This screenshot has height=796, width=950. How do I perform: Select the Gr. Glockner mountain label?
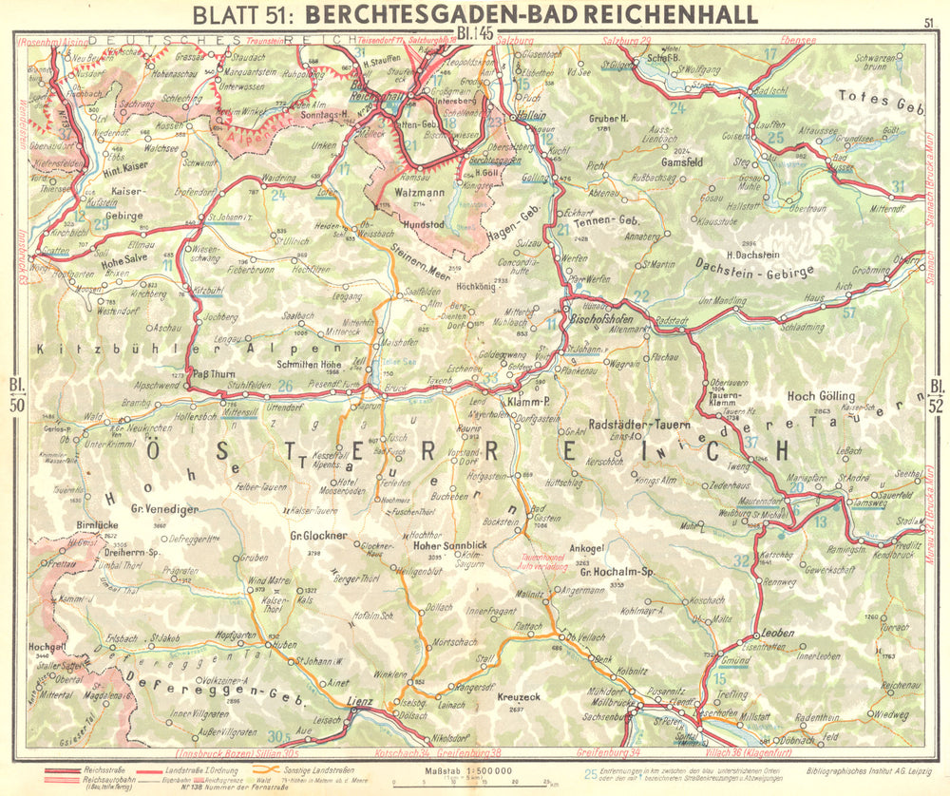[x=313, y=535]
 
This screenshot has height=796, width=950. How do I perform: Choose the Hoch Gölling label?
[x=821, y=395]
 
